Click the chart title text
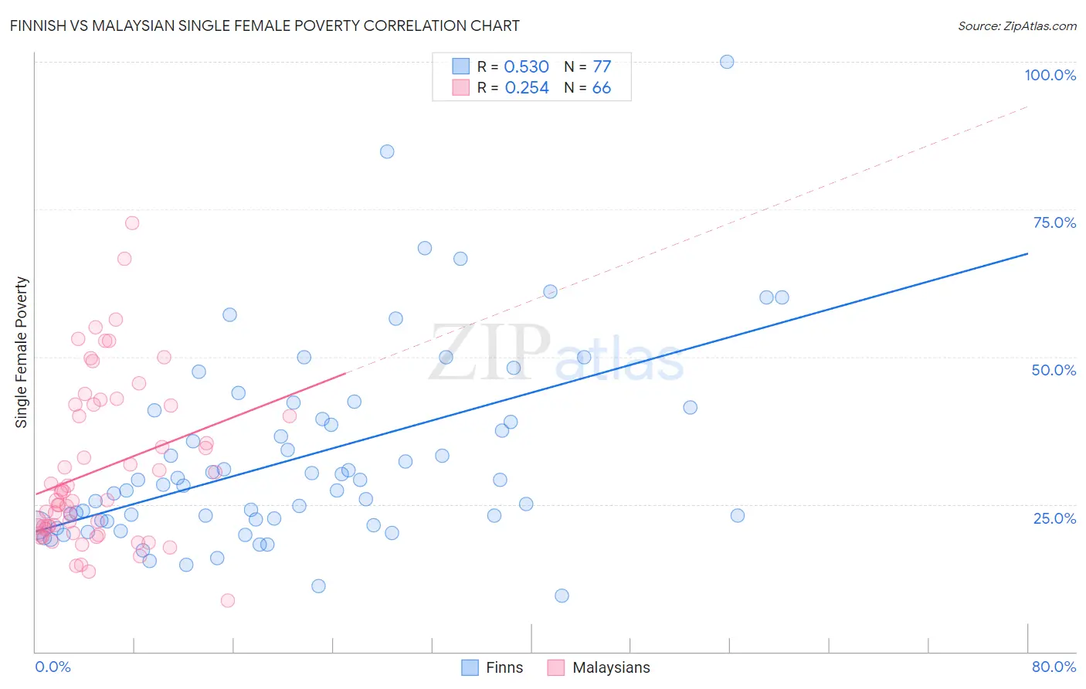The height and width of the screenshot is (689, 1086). point(264,25)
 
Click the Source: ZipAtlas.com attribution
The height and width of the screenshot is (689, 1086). point(1016,25)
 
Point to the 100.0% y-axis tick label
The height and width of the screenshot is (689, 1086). point(1050,75)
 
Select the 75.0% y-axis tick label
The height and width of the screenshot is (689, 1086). point(1054,222)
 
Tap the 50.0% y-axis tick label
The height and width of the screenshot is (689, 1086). point(1054,370)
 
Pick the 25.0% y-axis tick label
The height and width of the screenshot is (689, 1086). point(1054,518)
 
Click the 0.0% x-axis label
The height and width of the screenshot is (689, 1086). point(53,667)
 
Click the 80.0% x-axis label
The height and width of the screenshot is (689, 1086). point(1054,667)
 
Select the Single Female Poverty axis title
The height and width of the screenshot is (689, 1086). point(22,352)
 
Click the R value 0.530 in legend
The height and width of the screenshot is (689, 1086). point(526,67)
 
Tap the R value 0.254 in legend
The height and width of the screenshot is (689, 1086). point(527,88)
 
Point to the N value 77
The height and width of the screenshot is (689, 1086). point(602,67)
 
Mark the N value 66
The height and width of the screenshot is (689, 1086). point(602,88)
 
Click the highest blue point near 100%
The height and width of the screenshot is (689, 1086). point(727,62)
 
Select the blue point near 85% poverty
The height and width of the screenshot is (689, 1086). point(387,151)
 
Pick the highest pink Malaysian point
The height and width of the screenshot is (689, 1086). point(132,223)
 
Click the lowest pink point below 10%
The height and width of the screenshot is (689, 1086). point(228,600)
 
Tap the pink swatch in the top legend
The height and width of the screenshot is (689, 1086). point(461,87)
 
